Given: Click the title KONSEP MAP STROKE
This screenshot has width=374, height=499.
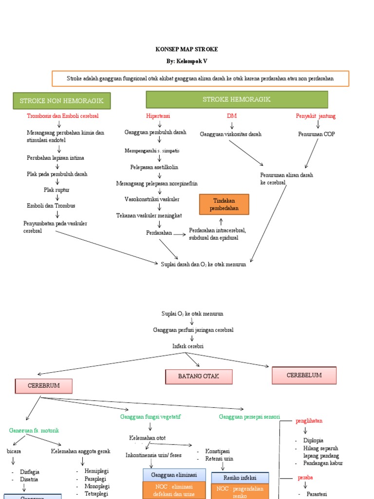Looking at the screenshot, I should (187, 49).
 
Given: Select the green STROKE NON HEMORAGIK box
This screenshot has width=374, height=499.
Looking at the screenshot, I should (61, 101).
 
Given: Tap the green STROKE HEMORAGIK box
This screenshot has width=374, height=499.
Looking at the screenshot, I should (237, 99).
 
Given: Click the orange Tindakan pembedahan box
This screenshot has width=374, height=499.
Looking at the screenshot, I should (224, 205).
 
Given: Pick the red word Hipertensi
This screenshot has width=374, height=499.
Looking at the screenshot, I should (158, 116).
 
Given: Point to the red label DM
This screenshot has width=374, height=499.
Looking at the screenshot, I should (231, 116).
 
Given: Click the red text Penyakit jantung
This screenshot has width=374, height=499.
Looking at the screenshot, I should (316, 116).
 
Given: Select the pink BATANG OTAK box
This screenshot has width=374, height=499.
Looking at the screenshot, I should (199, 376).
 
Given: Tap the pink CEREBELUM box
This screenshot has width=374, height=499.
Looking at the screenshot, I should (304, 375).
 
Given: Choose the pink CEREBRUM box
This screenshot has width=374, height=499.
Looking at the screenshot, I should (44, 385).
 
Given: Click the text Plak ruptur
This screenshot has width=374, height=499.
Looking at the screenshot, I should (56, 190).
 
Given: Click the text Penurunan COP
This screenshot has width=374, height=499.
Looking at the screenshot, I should (317, 134).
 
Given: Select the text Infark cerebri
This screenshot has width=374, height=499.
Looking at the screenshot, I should (188, 346).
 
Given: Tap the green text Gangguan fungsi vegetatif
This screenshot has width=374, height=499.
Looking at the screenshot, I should (150, 417).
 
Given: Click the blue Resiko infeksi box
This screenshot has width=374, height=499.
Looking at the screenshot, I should (240, 478).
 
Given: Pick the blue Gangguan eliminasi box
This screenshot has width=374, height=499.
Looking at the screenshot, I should (174, 475).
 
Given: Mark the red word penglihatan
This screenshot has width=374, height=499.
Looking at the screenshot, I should (309, 421).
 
